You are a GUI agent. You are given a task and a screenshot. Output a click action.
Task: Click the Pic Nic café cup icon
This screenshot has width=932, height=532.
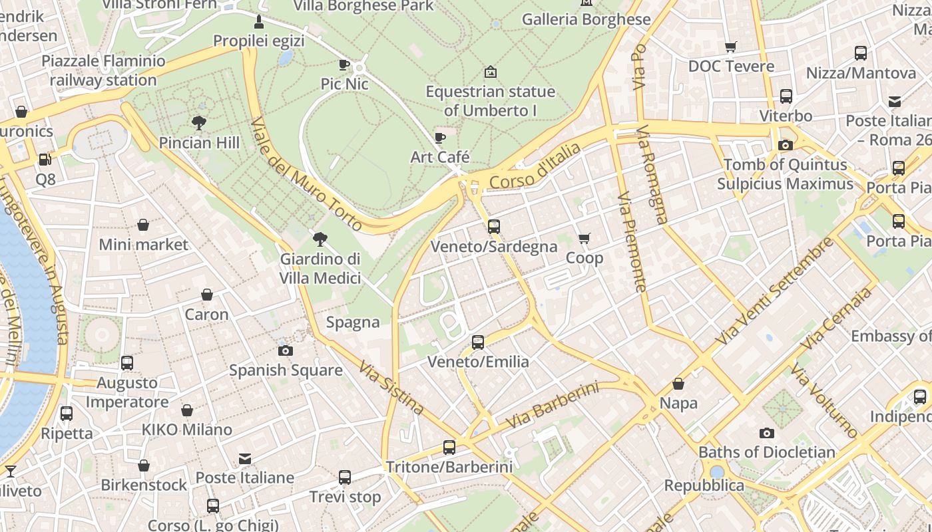point(344,65)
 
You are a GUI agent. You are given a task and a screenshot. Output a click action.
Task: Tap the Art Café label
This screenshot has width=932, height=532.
point(440,158)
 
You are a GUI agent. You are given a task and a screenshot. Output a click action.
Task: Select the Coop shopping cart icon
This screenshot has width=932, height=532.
point(584,238)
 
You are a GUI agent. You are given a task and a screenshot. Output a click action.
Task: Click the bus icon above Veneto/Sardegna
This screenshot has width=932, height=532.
point(493,226)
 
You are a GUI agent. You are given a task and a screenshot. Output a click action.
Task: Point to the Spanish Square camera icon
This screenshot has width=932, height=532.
point(285,350)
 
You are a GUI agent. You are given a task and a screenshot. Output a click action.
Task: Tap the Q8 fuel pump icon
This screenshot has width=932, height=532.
point(45,160)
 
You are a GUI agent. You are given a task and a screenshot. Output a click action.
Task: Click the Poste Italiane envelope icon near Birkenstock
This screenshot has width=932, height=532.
point(245,458)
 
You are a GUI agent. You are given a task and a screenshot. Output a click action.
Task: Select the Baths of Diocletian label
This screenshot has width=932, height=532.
point(766,452)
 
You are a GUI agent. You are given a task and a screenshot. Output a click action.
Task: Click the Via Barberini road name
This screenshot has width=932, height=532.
point(552,405)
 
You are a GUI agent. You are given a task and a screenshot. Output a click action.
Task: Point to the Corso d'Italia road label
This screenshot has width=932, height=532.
point(535,166)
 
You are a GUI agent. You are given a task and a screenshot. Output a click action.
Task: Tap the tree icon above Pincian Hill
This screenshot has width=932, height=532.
point(198,122)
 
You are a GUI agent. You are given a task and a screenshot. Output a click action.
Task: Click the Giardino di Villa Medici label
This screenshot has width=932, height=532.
point(320,268)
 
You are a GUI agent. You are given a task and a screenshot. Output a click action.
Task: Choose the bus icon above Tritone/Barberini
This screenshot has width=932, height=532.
point(449,448)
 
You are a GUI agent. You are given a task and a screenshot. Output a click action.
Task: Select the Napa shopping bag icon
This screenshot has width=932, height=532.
point(678,384)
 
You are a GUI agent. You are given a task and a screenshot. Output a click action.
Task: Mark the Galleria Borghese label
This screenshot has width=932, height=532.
point(586,19)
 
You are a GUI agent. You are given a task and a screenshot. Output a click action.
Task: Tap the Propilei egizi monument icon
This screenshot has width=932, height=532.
point(259,23)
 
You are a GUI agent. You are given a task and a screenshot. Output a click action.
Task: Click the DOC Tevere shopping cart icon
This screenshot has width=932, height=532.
point(731,47)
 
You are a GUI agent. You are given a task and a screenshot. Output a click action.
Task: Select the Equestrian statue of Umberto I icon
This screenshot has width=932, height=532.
point(491,71)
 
